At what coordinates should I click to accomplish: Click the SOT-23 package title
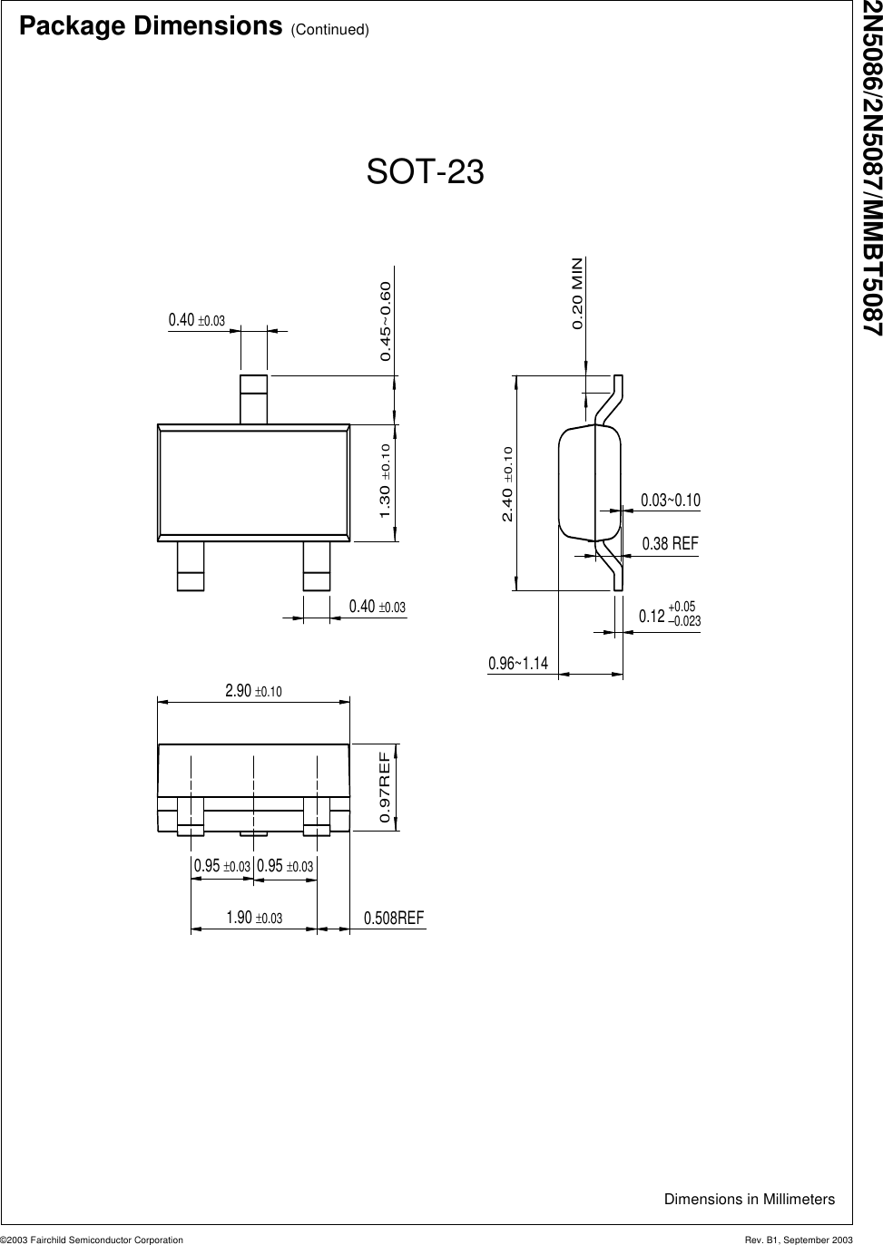point(425,172)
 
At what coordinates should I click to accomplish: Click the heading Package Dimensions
point(150,26)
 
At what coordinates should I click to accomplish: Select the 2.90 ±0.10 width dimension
point(253,691)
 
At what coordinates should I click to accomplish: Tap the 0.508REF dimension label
point(394,919)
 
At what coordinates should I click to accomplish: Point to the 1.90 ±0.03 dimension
point(254,918)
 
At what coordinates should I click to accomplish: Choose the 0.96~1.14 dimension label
point(518,664)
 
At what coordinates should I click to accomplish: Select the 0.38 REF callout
point(670,544)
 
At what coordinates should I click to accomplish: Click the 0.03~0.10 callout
point(671,501)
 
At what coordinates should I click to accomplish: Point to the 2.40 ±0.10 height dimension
point(507,484)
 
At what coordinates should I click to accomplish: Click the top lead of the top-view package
point(254,399)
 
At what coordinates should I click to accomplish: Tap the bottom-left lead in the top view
point(191,567)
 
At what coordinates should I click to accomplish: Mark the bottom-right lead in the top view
point(317,567)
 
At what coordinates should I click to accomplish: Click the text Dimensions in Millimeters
point(749,1200)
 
